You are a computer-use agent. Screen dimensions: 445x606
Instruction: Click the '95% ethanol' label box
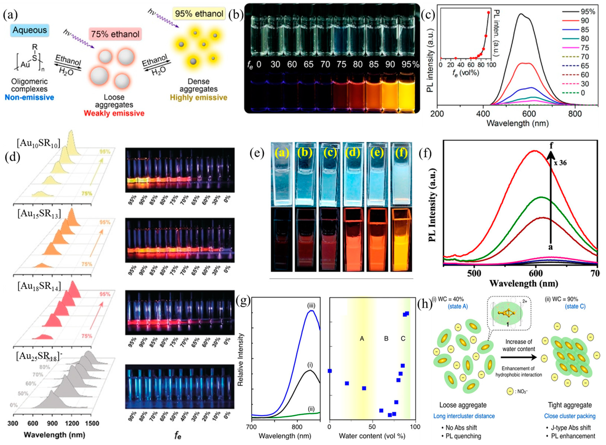click(x=199, y=13)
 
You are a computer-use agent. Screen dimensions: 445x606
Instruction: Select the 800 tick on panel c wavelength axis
click(x=575, y=114)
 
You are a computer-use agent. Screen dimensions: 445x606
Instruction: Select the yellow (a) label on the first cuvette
click(x=282, y=153)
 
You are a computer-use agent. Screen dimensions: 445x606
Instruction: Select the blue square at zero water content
click(x=330, y=371)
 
